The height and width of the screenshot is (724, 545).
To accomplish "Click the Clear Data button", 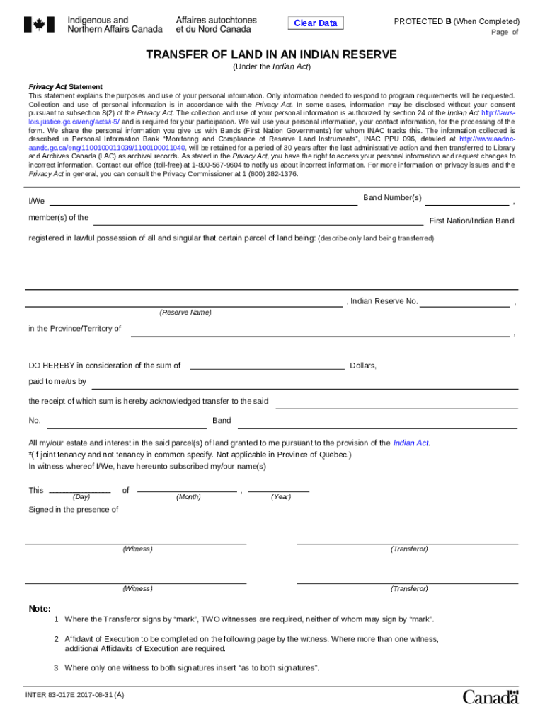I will (316, 23).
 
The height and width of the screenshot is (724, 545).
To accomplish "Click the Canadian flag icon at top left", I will (39, 25).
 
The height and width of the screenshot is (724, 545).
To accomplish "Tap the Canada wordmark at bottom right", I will (490, 698).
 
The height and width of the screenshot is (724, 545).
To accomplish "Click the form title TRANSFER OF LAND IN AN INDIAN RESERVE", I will (271, 55).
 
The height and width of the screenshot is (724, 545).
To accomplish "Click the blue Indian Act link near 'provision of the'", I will (411, 443).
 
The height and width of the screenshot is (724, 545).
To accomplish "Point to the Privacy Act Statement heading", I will (66, 86).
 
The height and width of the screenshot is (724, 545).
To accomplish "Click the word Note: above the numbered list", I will (40, 609).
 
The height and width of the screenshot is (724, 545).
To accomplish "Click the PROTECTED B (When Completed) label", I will (457, 21).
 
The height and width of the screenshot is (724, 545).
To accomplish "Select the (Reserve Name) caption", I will (185, 313).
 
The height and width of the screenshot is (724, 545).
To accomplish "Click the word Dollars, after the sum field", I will (363, 366).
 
